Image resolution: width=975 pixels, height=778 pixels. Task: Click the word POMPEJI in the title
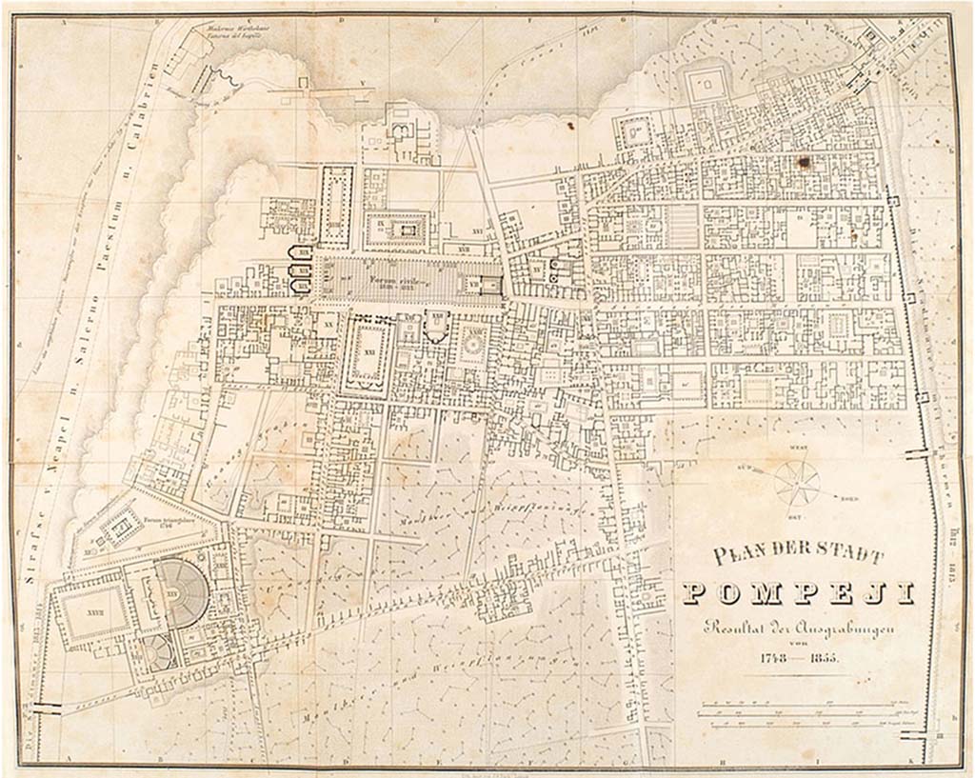tap(798, 592)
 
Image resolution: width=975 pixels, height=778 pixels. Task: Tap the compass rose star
tap(796, 482)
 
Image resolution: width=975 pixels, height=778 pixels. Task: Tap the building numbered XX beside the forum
tap(328, 325)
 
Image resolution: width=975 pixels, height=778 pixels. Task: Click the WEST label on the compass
tap(794, 449)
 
